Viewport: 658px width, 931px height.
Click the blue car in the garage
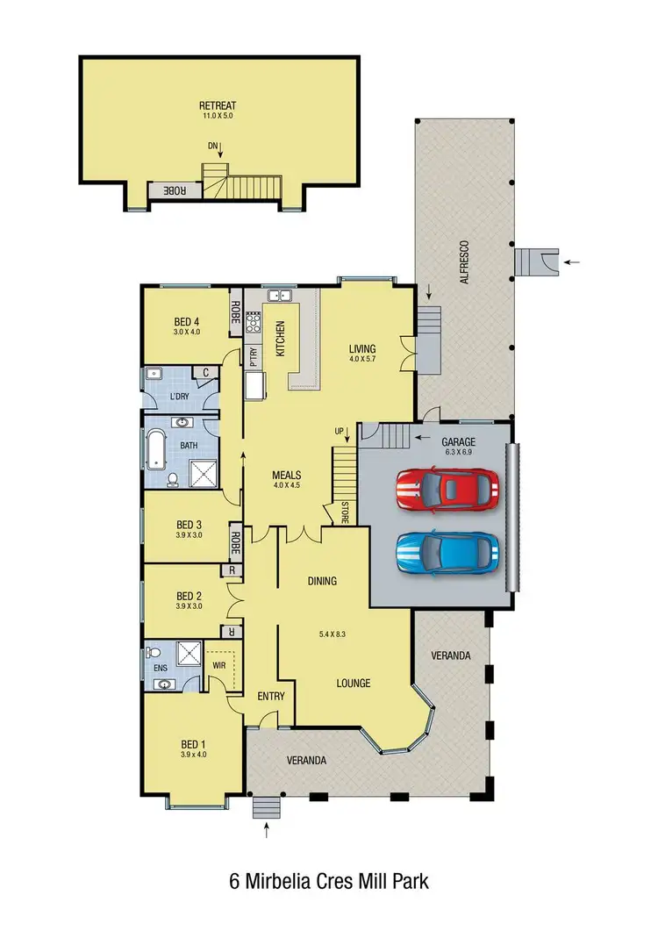coord(447,552)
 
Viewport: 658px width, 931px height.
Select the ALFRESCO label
coord(465,261)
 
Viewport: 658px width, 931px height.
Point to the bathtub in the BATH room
coord(154,448)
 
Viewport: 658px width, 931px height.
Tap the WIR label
coord(219,666)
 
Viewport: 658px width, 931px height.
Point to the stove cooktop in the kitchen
coord(254,322)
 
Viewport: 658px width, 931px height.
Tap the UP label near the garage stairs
coord(339,432)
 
